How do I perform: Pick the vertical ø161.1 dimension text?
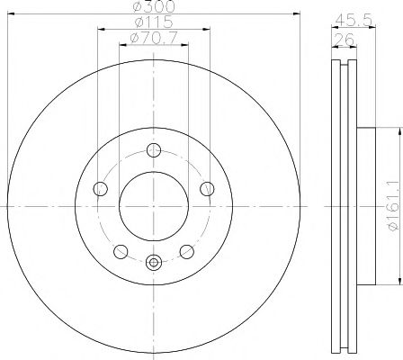pos(390,206)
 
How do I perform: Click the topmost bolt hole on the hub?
pos(153,151)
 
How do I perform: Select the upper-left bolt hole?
pos(100,188)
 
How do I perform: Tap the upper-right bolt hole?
pos(207,188)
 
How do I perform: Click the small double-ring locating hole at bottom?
pos(153,264)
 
